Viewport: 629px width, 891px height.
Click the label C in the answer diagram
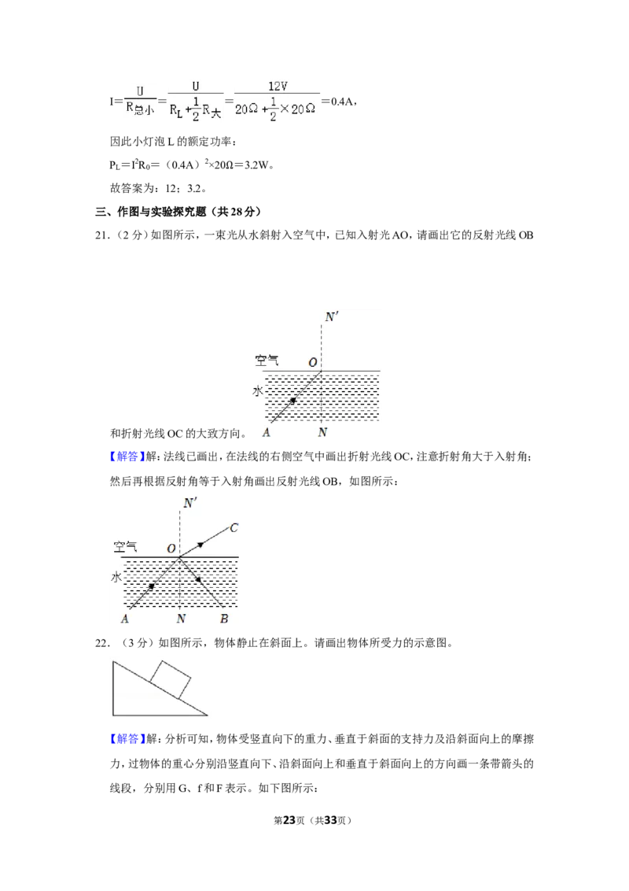click(234, 528)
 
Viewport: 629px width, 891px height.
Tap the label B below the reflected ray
click(224, 619)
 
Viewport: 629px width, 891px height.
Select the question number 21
click(101, 235)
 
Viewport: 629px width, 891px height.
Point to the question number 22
click(101, 643)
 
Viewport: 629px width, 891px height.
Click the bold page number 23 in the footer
click(289, 820)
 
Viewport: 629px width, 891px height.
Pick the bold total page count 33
click(331, 820)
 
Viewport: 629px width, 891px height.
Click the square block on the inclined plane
click(170, 679)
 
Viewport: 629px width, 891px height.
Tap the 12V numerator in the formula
click(278, 87)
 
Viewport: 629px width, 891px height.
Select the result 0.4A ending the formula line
click(342, 102)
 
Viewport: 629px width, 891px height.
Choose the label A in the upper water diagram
click(266, 433)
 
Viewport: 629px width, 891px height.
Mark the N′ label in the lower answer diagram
click(189, 503)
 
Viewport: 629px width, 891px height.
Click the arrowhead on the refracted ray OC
click(200, 545)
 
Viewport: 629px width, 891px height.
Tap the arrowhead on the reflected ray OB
click(198, 579)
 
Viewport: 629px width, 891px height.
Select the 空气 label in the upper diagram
click(267, 360)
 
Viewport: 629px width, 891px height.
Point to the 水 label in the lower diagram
click(116, 577)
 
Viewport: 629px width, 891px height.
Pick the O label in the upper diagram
click(312, 363)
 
